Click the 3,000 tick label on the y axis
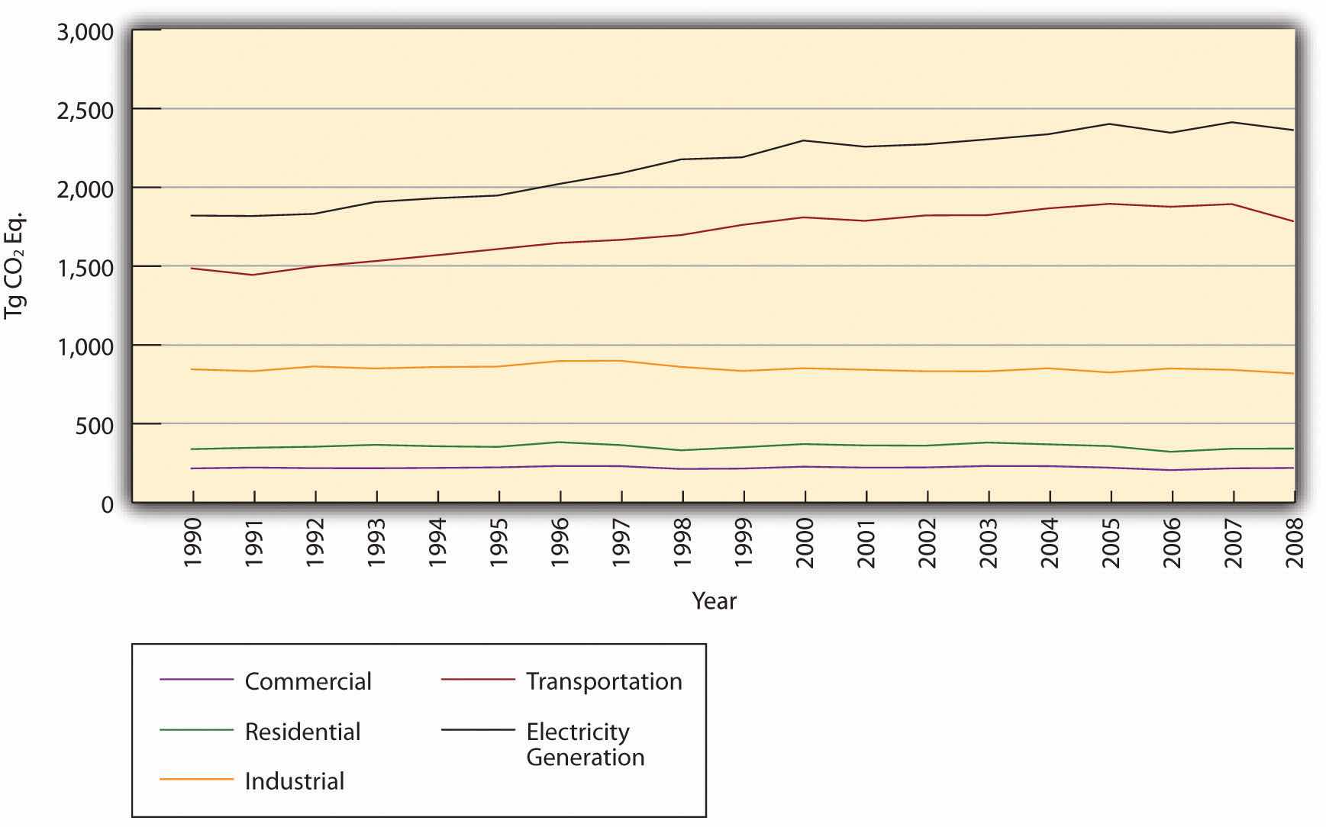(x=84, y=32)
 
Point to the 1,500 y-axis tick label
(x=84, y=267)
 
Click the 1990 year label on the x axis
(x=193, y=543)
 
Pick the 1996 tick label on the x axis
(x=560, y=543)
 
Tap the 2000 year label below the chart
(x=805, y=543)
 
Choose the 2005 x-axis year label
(x=1111, y=543)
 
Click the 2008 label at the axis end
(x=1294, y=543)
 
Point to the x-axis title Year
(x=714, y=601)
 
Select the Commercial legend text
(x=308, y=681)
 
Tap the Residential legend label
(x=302, y=732)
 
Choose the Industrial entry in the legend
(x=295, y=781)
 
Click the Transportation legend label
(x=604, y=681)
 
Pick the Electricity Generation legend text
(x=585, y=744)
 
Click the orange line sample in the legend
(x=196, y=779)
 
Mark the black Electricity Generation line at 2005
(x=1111, y=124)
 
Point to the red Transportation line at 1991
(x=254, y=275)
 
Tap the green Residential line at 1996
(x=560, y=442)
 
